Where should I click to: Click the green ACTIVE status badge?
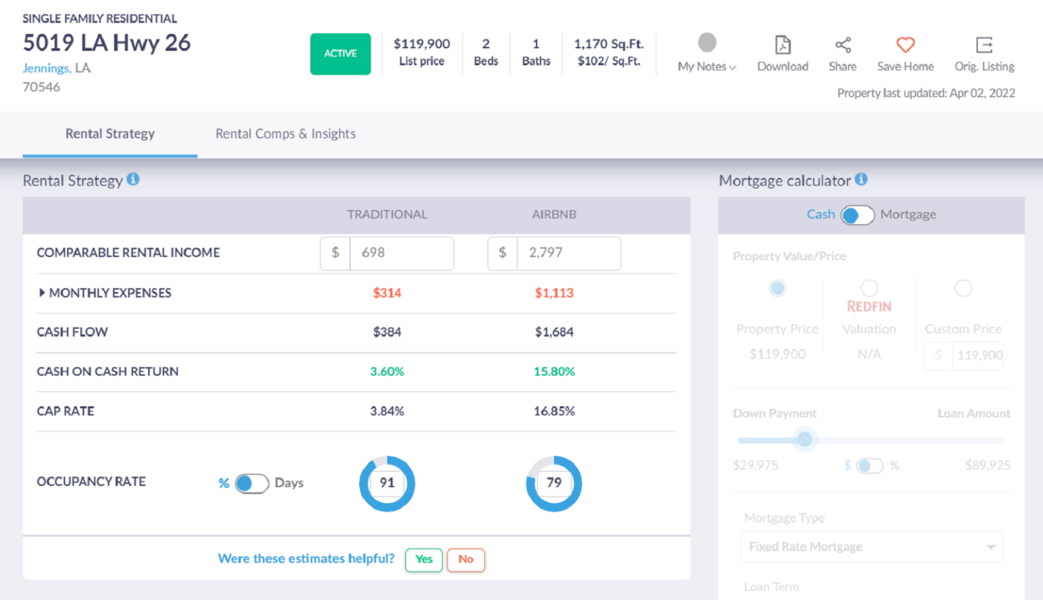point(340,54)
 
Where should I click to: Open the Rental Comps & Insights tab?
point(285,134)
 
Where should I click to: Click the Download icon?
point(783,46)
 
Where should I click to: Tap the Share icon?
point(843,46)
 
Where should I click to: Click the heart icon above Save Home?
point(905,46)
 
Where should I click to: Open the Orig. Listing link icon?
point(984,46)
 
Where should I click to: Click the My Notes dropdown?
point(707,66)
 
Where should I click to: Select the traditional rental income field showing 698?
point(401,253)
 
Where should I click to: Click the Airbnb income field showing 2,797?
point(568,253)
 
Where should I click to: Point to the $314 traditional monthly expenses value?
point(387,293)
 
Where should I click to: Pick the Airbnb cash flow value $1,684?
point(554,332)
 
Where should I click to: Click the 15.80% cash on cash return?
point(554,372)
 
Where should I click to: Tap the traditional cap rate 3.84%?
point(387,411)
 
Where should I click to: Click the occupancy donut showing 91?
point(387,483)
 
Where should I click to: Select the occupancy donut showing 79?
point(554,483)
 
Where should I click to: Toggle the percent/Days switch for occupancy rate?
point(252,483)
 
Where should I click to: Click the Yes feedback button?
point(424,559)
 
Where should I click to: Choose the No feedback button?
point(466,559)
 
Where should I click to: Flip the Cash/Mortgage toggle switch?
point(857,215)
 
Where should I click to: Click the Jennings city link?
point(46,68)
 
